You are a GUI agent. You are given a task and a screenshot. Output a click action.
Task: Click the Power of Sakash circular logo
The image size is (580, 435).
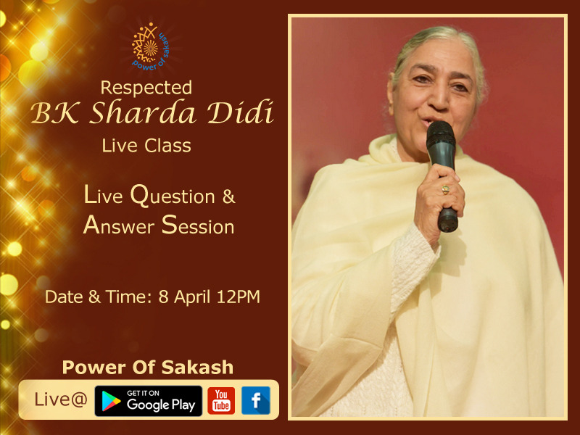(x=151, y=46)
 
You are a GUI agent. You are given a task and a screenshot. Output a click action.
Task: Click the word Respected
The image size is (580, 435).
(x=146, y=88)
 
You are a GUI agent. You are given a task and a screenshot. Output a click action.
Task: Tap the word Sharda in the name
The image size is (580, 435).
(x=143, y=112)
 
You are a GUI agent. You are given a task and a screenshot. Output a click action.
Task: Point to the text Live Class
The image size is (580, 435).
(x=146, y=146)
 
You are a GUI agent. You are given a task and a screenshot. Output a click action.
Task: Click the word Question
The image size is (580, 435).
(x=173, y=195)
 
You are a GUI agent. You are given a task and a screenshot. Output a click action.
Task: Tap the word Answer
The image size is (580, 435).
(x=119, y=225)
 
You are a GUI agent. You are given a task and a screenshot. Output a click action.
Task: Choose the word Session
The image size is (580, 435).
(x=198, y=225)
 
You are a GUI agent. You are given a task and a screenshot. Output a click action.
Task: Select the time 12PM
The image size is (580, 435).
(x=239, y=297)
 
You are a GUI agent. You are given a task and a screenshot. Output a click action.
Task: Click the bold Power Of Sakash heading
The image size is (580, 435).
(x=148, y=368)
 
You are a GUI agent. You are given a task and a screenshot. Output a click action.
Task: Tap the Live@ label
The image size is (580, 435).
(x=61, y=399)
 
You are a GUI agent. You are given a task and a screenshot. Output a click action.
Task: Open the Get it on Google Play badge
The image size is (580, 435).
(x=149, y=401)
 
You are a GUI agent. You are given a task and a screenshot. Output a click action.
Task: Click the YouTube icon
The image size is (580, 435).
(x=221, y=401)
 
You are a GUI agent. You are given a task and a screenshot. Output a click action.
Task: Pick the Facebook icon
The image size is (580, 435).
(x=256, y=401)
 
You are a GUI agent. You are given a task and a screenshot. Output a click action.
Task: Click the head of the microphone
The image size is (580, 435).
(x=441, y=136)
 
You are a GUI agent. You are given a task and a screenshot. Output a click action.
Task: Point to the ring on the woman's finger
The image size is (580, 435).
(x=446, y=190)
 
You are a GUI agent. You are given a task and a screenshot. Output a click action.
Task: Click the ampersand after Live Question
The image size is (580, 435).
(x=228, y=196)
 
